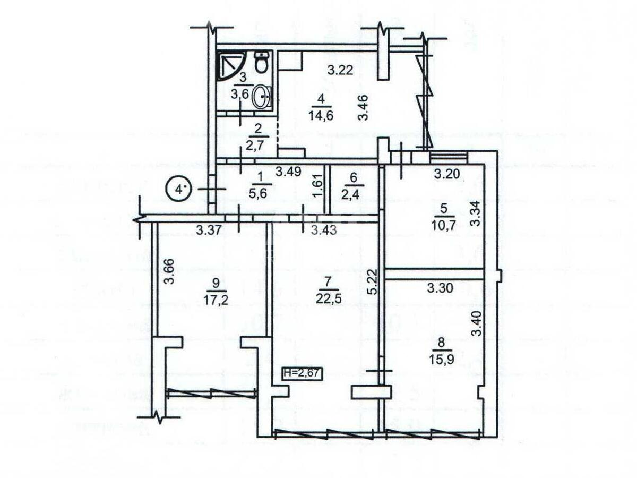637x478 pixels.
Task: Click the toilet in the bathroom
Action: [x=261, y=63]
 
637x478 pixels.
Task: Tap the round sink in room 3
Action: [x=261, y=97]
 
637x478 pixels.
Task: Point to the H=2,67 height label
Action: [x=301, y=373]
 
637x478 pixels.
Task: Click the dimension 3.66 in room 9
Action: [x=168, y=272]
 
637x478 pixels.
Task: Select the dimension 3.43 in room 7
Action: [x=323, y=231]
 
